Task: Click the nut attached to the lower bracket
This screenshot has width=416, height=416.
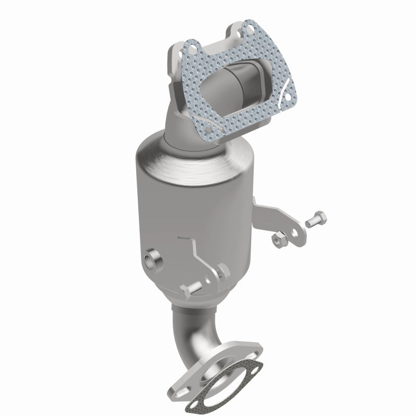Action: coord(221,270)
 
